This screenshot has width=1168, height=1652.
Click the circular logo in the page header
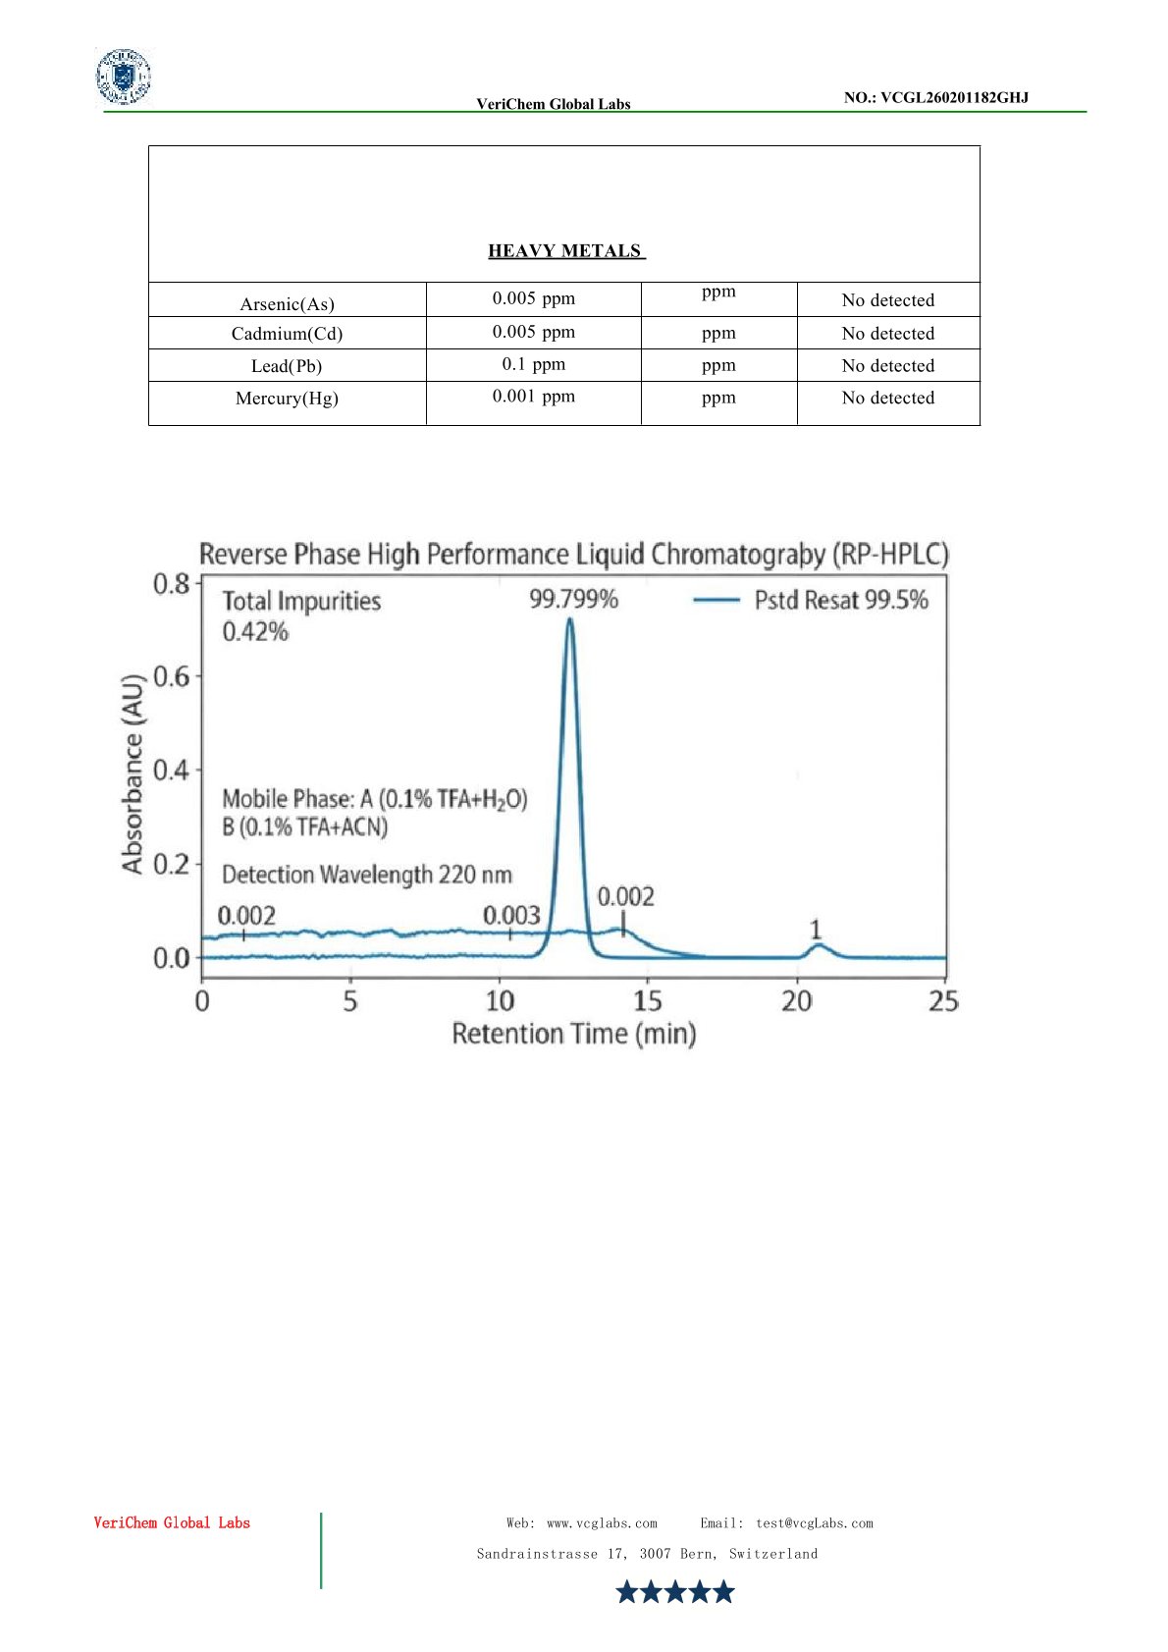tap(124, 77)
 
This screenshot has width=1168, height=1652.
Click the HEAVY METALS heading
tap(565, 251)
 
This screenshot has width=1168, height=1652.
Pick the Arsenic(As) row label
tap(287, 304)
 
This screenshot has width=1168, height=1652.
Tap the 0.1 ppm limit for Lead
tap(533, 364)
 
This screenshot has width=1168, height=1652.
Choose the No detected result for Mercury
tap(887, 398)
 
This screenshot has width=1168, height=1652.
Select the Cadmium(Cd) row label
tap(287, 334)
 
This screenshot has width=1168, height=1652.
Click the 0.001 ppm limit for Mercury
tap(533, 397)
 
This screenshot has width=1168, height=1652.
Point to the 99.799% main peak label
tap(573, 599)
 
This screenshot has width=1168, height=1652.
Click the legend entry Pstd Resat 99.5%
tap(840, 600)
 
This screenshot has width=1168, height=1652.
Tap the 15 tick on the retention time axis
tap(647, 1001)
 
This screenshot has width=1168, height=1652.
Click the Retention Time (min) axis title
tap(573, 1034)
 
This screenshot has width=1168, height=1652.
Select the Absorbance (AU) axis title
tap(133, 773)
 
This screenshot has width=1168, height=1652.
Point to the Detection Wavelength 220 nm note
tap(366, 874)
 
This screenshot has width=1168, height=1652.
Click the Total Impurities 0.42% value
tap(255, 631)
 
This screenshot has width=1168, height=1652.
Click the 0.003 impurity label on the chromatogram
tap(510, 916)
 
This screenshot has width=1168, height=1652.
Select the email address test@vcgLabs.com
tap(814, 1523)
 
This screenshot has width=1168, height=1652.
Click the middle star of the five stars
tap(675, 1591)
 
